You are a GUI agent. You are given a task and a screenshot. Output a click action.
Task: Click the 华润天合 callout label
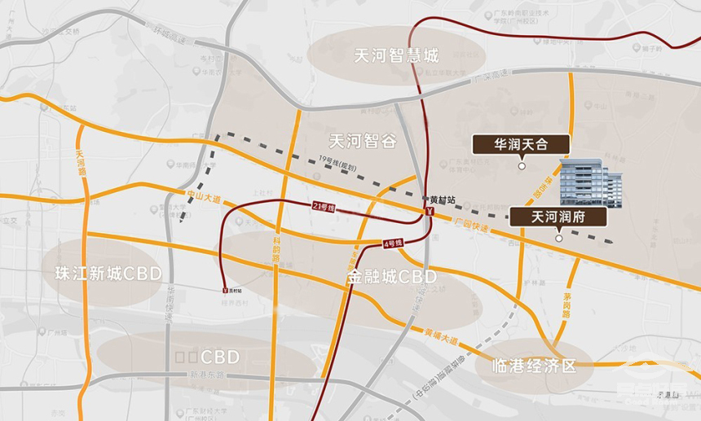point(520,144)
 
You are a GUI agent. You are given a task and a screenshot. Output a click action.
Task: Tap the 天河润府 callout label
point(558,217)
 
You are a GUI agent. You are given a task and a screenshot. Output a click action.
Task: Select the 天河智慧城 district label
point(396,55)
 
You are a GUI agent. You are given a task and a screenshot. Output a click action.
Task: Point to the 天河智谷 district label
point(363,141)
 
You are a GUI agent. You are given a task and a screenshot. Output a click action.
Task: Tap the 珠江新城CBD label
point(108,273)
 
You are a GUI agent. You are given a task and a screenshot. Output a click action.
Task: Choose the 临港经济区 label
point(535,366)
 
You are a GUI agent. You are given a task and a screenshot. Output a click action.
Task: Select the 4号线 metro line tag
point(394,243)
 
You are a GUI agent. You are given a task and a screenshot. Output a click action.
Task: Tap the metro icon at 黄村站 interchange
point(428,211)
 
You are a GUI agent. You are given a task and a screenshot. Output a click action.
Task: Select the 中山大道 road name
point(201,195)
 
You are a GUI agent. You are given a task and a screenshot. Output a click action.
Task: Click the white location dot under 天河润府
point(558,239)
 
